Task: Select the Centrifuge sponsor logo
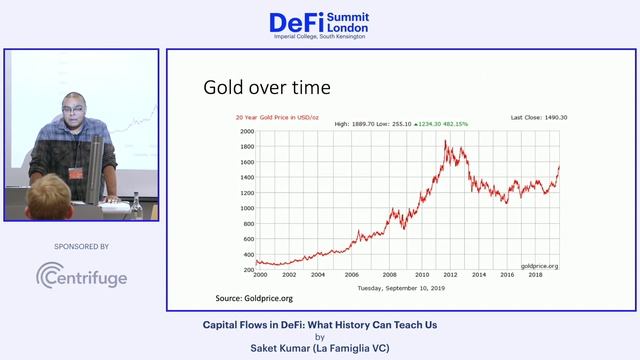click(81, 276)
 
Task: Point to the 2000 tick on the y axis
click(245, 130)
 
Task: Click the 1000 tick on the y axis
click(245, 207)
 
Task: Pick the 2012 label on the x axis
click(450, 274)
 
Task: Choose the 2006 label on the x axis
click(352, 274)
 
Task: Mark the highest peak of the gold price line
click(444, 141)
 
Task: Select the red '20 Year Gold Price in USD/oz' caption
click(278, 117)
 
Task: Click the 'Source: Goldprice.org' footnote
click(255, 298)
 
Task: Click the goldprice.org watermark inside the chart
click(539, 266)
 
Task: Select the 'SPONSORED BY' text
click(81, 246)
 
